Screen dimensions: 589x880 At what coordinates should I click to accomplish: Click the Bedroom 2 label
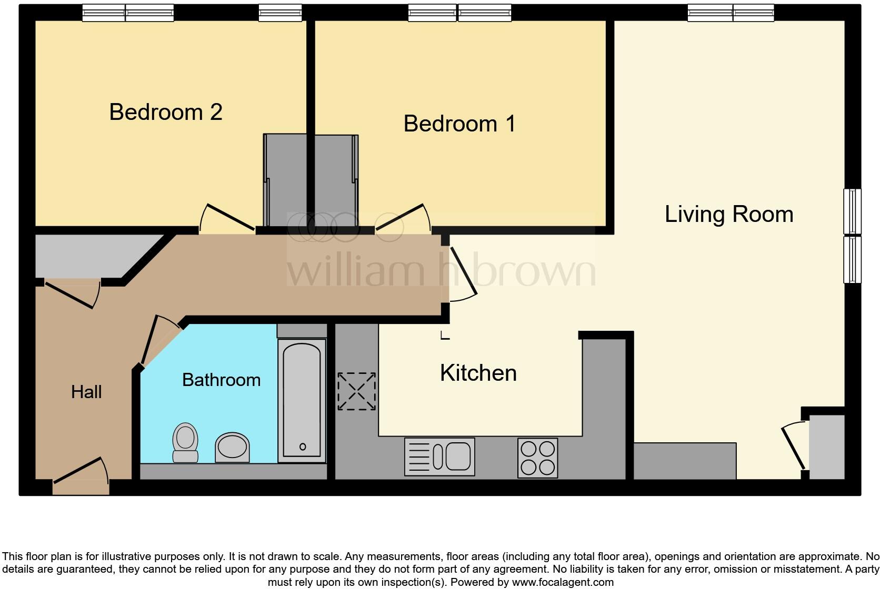coord(166,112)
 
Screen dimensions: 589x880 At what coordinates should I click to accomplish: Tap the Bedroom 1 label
coord(459,124)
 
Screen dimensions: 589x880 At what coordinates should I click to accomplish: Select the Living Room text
coord(729,214)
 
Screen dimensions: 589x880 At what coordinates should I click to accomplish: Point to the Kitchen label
coord(478,373)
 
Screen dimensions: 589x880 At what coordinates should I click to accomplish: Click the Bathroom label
coord(221,380)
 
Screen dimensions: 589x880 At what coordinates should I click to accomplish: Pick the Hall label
coord(86,392)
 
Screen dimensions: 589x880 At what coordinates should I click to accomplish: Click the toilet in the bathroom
coord(185,442)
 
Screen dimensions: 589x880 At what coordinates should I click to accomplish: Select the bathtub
coord(302,400)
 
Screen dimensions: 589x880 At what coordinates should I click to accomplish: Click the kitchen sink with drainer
coord(439,456)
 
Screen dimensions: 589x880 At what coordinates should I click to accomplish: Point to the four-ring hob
coord(537,458)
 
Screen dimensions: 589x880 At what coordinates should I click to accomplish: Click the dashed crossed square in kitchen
coord(356,391)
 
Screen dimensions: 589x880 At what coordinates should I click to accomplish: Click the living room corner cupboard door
coord(793,447)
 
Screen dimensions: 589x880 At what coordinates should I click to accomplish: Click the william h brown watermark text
coord(441,271)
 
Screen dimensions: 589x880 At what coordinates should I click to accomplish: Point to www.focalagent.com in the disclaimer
coord(563,582)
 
